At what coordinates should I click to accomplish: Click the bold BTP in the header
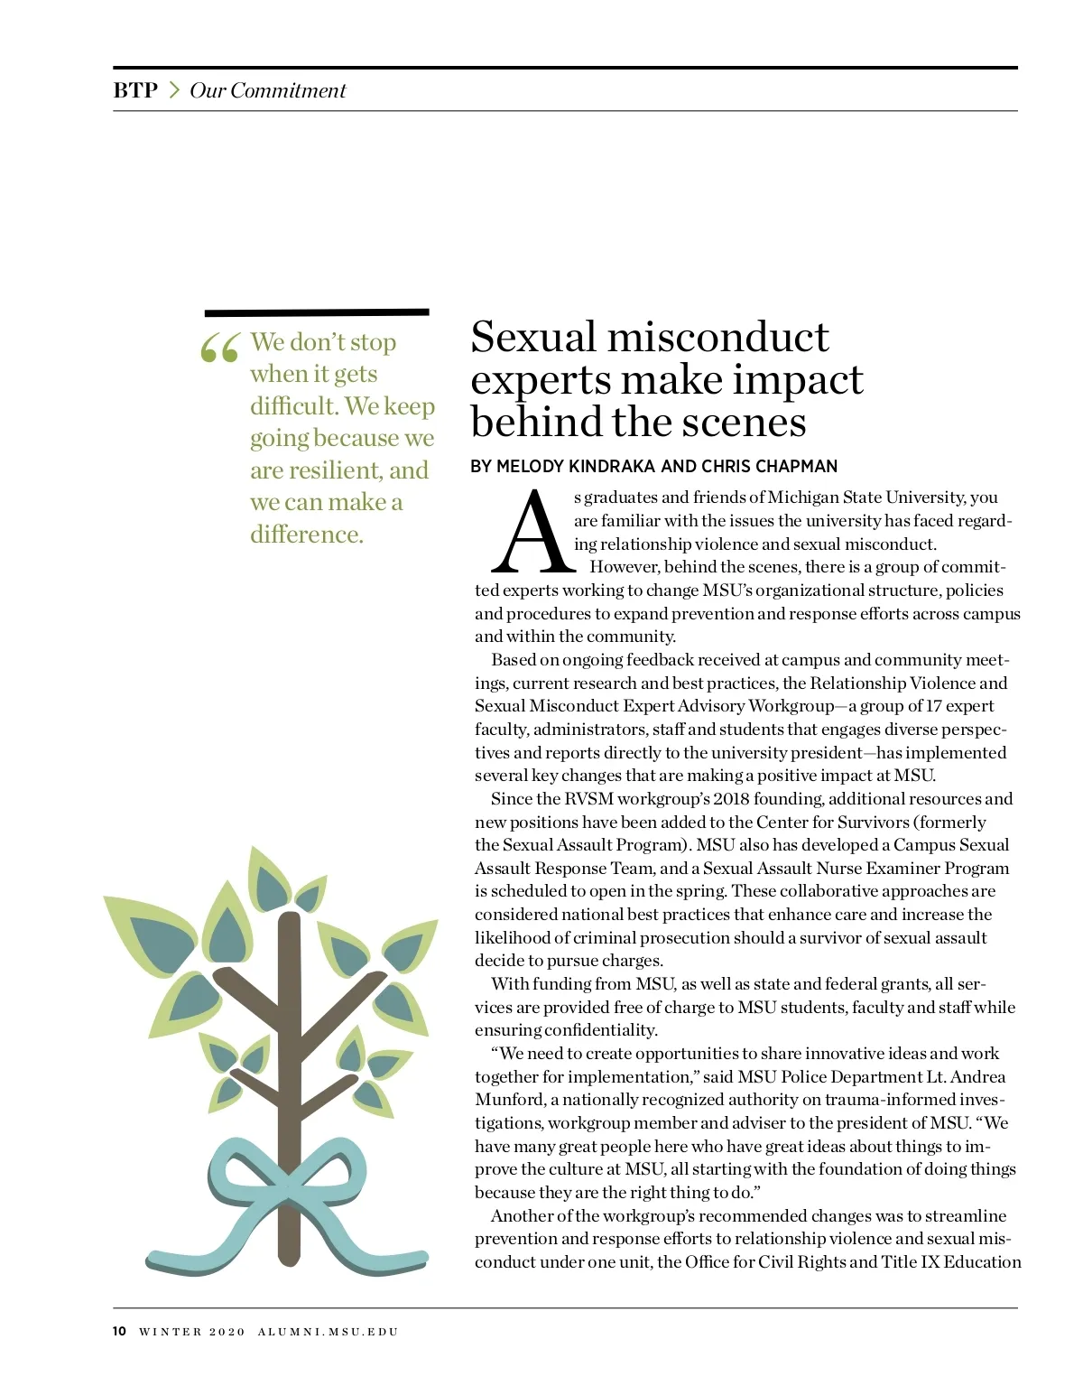click(135, 90)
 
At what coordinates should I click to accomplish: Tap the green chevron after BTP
click(174, 90)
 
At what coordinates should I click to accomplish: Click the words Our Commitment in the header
click(267, 90)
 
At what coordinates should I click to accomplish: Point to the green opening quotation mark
click(219, 348)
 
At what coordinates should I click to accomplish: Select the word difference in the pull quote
click(306, 535)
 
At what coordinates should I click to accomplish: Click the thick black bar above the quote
click(317, 312)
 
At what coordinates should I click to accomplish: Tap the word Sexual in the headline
click(534, 338)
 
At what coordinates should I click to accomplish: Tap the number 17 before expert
click(933, 706)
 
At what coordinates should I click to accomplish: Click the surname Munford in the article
click(509, 1100)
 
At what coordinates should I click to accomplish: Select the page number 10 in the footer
click(120, 1332)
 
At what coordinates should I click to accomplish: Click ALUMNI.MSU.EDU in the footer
click(328, 1332)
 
